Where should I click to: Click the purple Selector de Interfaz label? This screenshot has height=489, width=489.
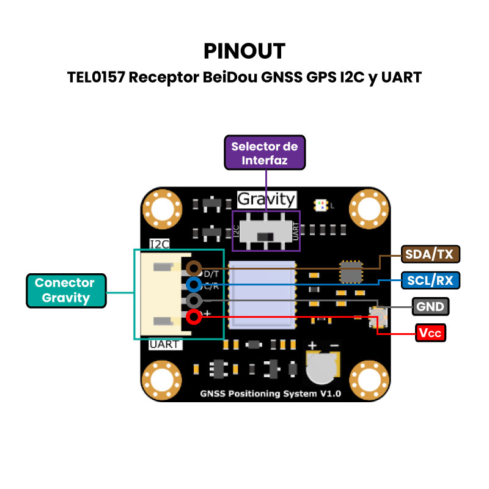tap(264, 153)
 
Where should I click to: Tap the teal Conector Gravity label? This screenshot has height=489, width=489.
tap(65, 290)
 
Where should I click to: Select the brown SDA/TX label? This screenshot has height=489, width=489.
tap(430, 254)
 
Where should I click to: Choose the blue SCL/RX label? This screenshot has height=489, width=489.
tap(430, 281)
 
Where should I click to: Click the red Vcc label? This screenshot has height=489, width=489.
tap(430, 333)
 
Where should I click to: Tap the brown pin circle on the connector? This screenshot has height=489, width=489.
tap(194, 268)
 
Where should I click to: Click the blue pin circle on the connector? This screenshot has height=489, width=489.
tap(194, 284)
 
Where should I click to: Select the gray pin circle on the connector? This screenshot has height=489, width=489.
tap(194, 301)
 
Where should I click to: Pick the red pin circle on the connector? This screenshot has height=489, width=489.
tap(194, 317)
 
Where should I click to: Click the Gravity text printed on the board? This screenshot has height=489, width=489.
tap(267, 199)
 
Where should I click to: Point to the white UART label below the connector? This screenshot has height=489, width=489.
tap(164, 344)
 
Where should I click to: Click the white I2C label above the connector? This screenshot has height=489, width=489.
tap(160, 244)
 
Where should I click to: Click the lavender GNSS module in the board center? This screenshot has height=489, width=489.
tap(262, 294)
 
